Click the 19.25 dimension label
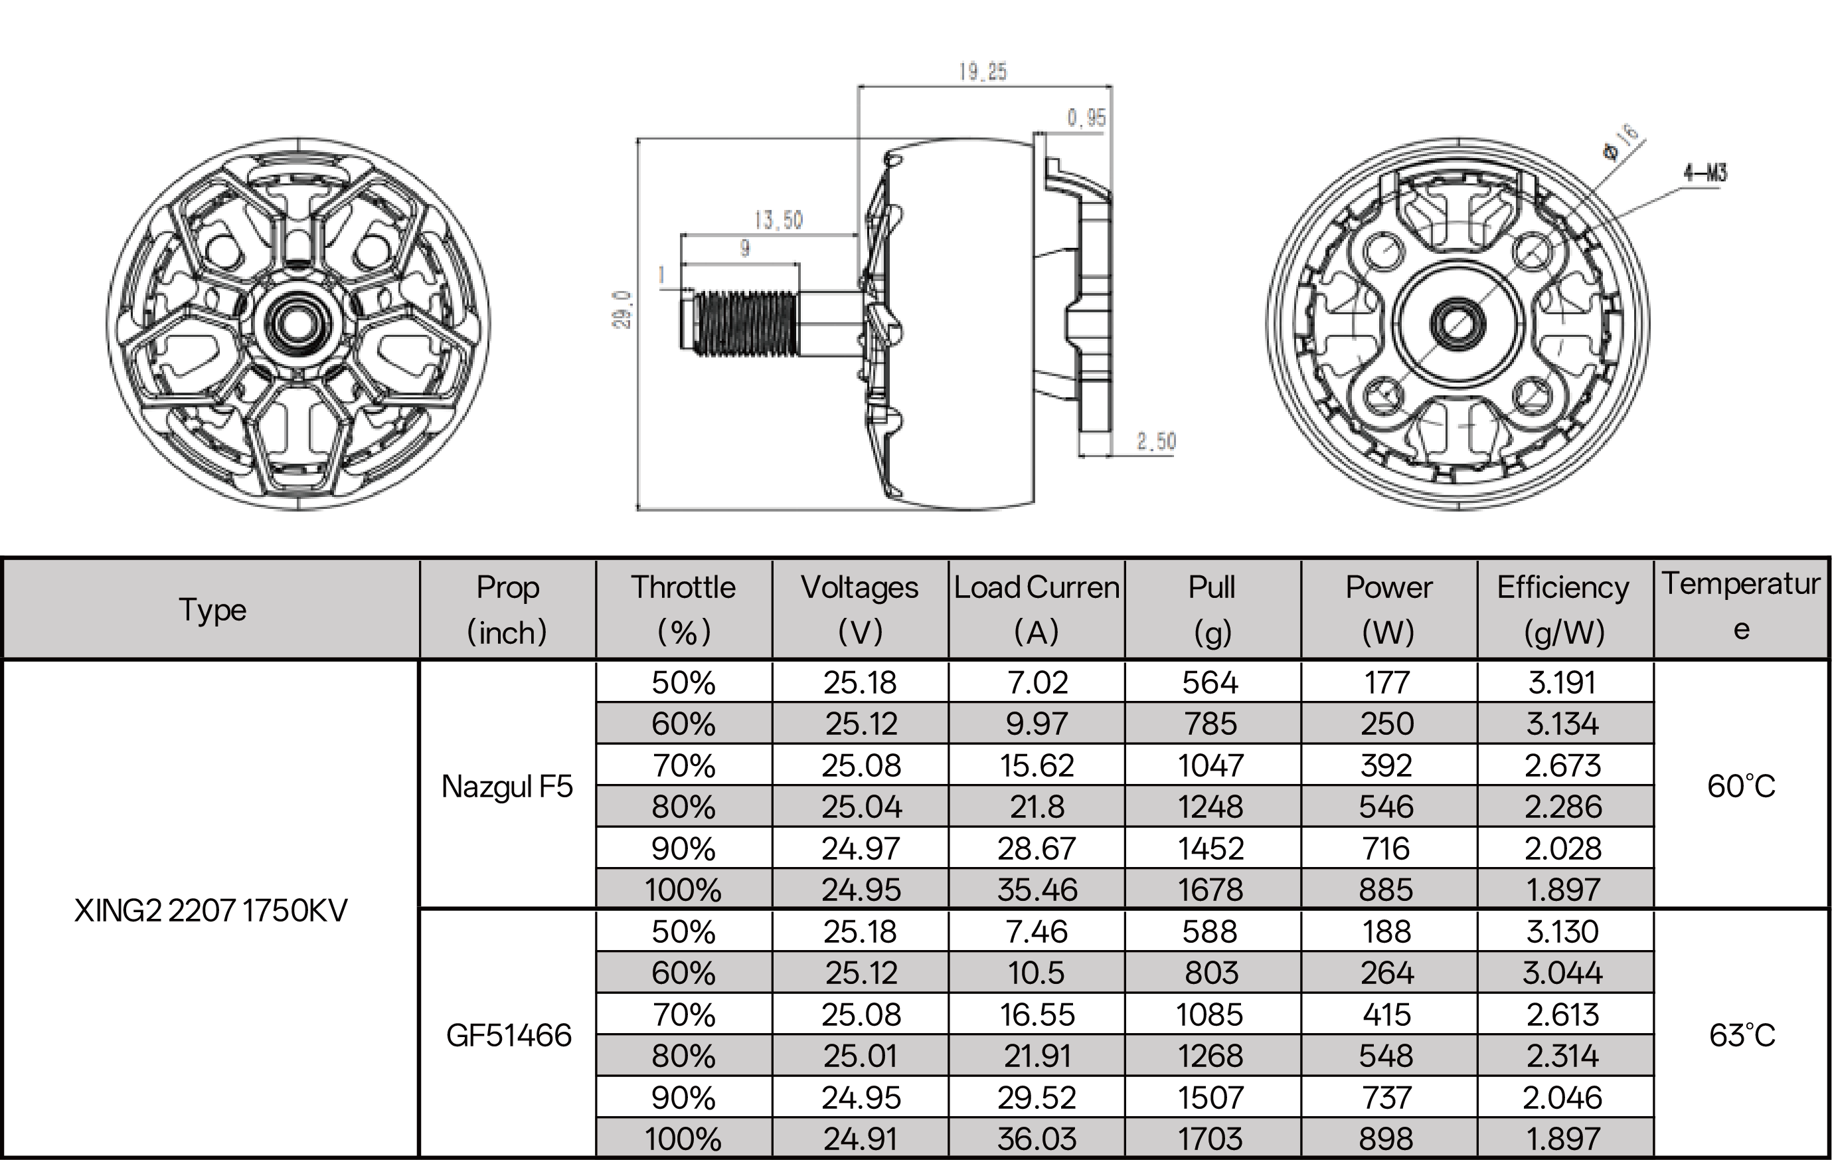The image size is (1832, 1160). [982, 72]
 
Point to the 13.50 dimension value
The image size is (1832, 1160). [778, 221]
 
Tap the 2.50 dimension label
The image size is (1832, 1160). [1155, 441]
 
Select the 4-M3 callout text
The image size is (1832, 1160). [1705, 173]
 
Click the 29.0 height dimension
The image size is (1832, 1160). [622, 309]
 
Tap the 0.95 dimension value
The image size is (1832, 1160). [1086, 118]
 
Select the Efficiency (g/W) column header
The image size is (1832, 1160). [1564, 609]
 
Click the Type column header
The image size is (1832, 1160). [212, 610]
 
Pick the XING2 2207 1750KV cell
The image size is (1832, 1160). [210, 910]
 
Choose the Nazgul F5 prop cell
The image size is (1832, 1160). [507, 786]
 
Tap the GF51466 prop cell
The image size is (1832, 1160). [508, 1035]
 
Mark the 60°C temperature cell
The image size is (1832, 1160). [1741, 786]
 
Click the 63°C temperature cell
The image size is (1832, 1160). [1742, 1035]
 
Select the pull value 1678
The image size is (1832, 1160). [1210, 890]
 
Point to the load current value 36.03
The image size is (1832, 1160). [1037, 1139]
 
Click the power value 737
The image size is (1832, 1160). [1387, 1098]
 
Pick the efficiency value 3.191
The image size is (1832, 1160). [1562, 683]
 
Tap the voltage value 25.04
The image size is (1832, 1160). [861, 807]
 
